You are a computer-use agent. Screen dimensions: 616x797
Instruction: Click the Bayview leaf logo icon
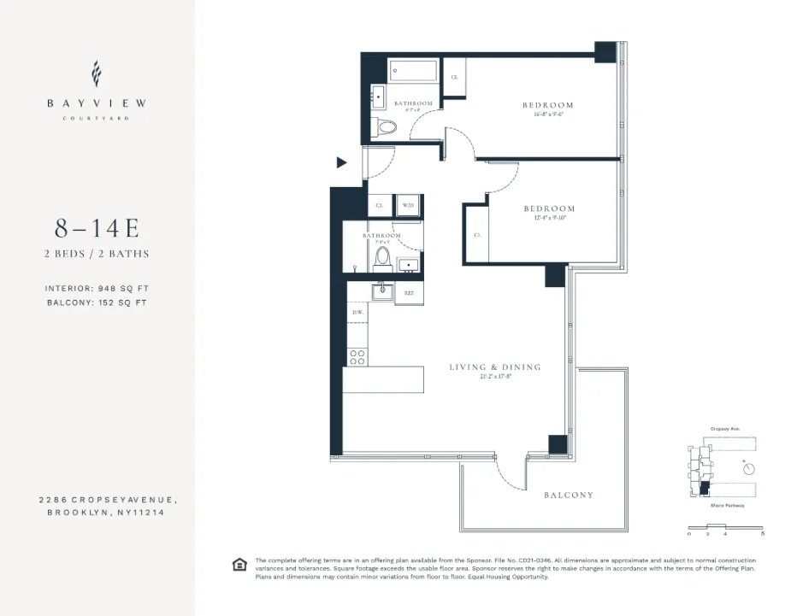click(x=97, y=73)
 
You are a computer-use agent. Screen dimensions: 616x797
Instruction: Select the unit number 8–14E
click(x=97, y=228)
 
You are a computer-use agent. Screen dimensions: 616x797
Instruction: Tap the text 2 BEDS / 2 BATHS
click(x=97, y=254)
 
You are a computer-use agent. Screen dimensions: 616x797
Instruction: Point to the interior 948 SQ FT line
click(x=97, y=289)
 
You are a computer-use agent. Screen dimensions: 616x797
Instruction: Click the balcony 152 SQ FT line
click(x=97, y=302)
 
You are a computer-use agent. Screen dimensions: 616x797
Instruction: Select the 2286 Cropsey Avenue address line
click(x=101, y=499)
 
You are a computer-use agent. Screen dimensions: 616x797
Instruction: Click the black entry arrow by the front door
click(x=341, y=162)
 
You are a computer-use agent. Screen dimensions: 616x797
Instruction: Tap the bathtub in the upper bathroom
click(x=413, y=70)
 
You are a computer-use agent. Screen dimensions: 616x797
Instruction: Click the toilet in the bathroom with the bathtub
click(x=386, y=128)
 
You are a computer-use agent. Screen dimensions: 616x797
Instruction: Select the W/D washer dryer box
click(x=408, y=206)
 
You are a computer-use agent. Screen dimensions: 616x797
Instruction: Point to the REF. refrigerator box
click(x=409, y=293)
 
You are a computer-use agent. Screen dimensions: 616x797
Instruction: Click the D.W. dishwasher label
click(x=358, y=314)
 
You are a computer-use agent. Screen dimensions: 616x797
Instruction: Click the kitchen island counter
click(x=383, y=379)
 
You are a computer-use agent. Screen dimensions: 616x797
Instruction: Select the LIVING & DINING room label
click(x=495, y=367)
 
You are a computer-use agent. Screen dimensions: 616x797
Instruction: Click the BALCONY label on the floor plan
click(x=568, y=495)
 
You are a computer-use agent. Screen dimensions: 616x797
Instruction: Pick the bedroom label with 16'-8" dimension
click(x=548, y=106)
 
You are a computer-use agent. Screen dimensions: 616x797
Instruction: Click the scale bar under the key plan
click(x=725, y=526)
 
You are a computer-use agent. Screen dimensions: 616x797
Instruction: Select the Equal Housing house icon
click(x=239, y=564)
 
